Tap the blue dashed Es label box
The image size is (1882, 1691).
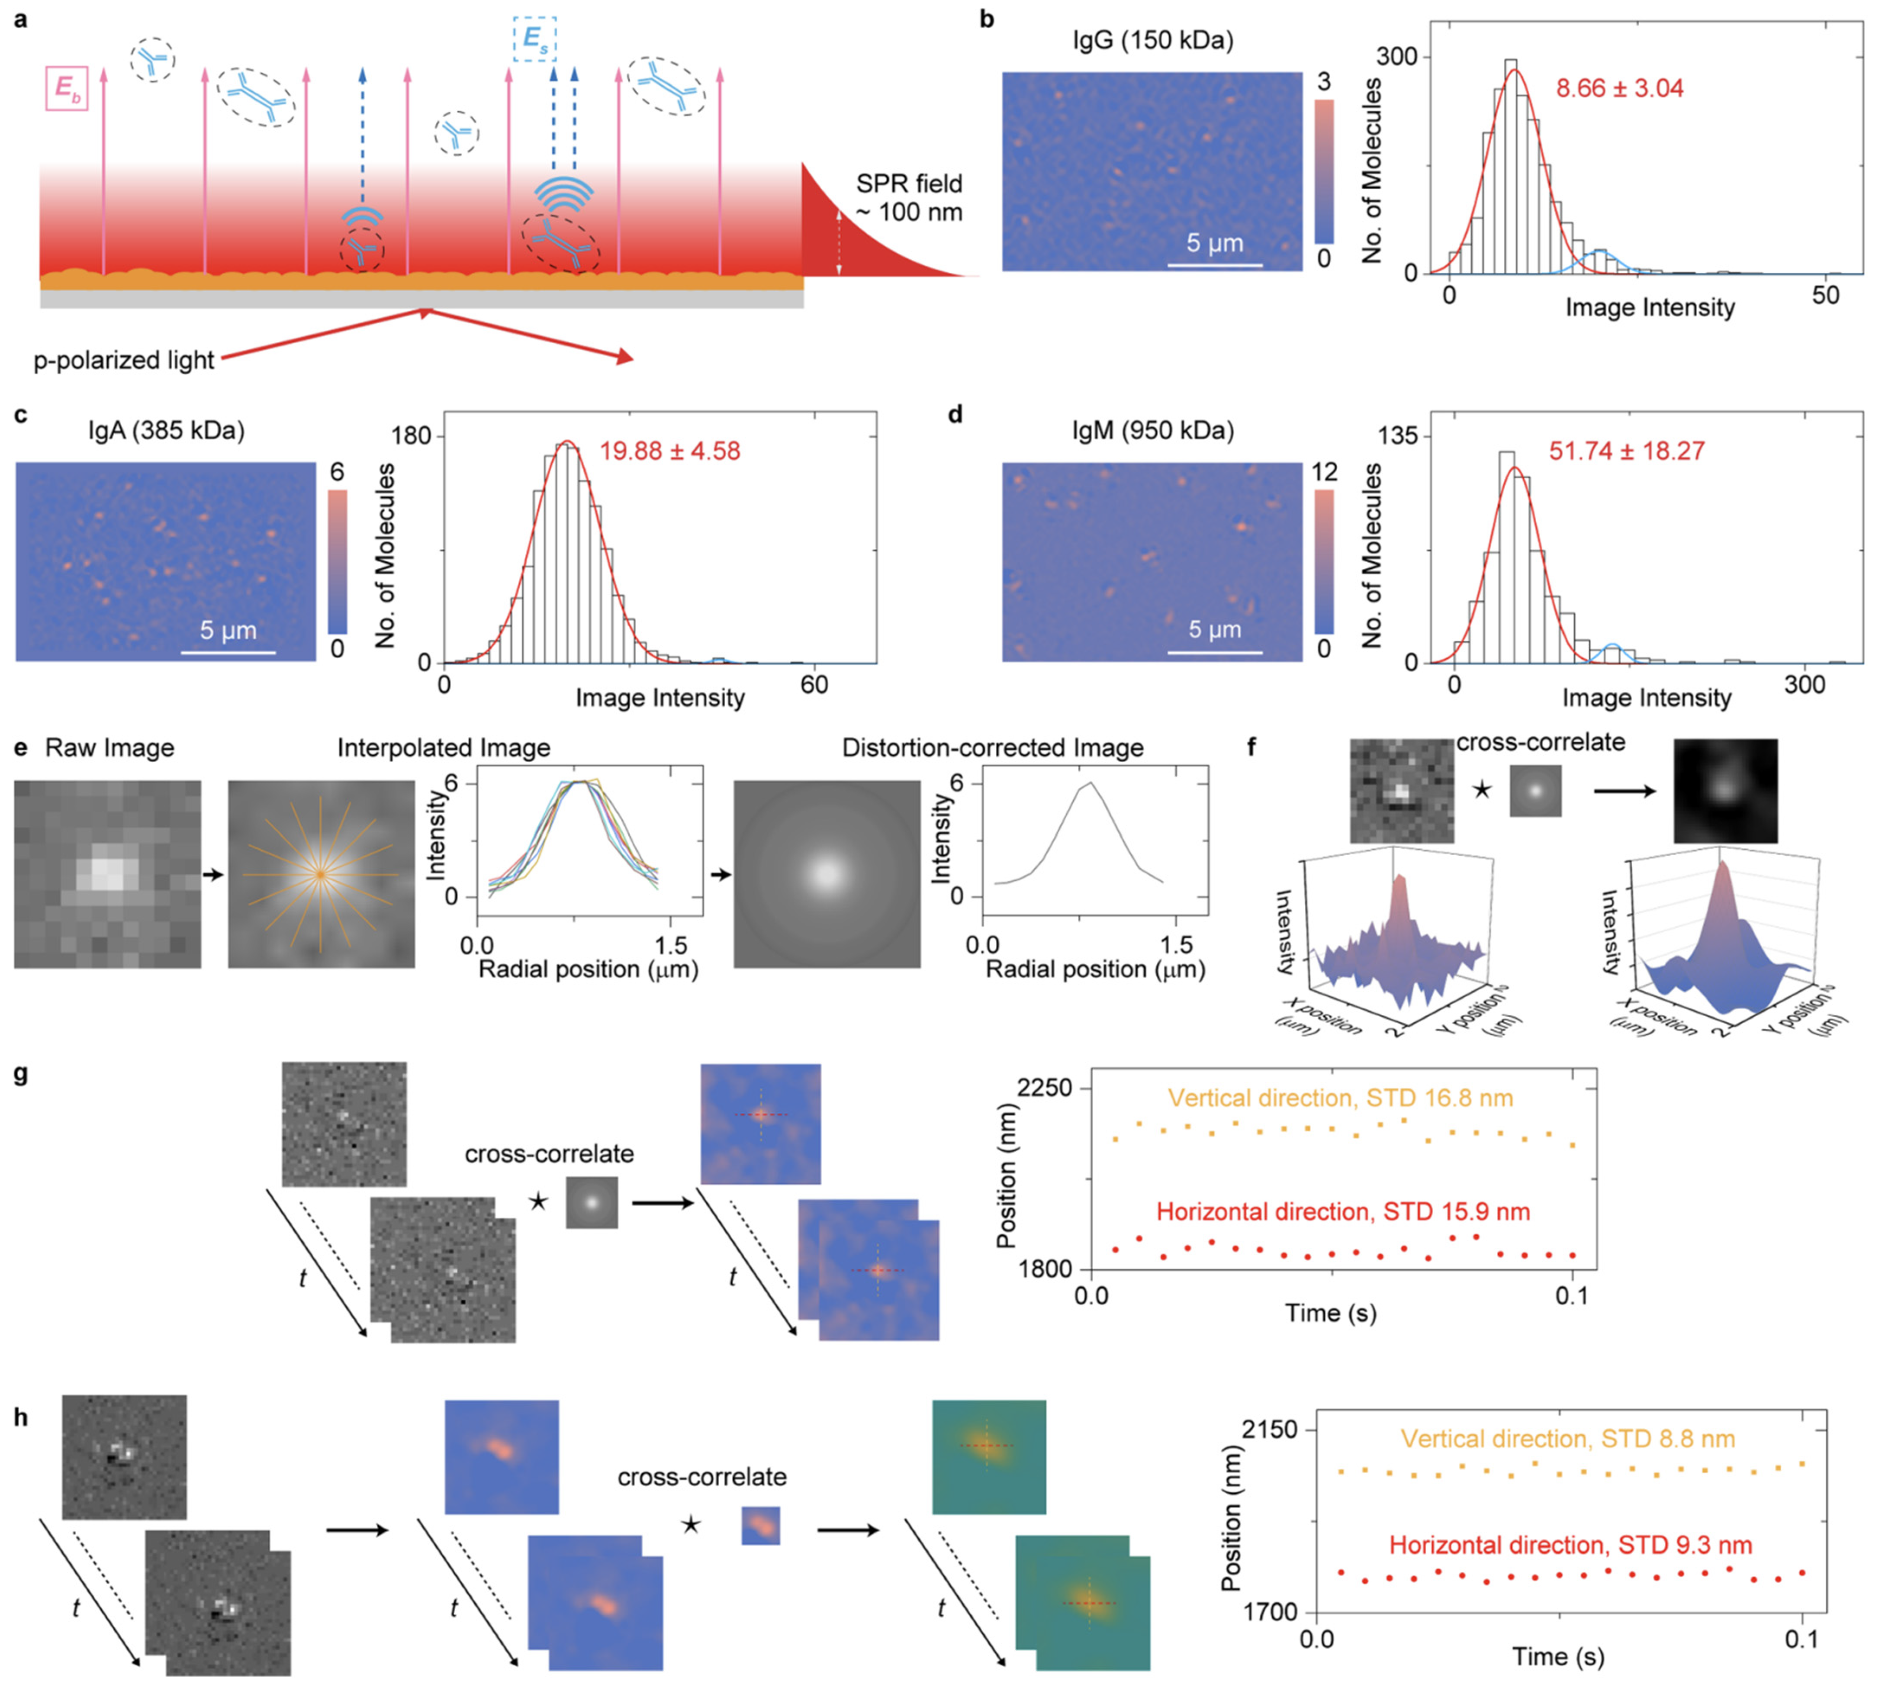pyautogui.click(x=535, y=39)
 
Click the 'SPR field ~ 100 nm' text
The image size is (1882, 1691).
pyautogui.click(x=908, y=198)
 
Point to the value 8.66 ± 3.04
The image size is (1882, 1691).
pyautogui.click(x=1619, y=89)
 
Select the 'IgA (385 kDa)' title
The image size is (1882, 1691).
pyautogui.click(x=166, y=431)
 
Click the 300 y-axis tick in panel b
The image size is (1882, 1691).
pyautogui.click(x=1396, y=57)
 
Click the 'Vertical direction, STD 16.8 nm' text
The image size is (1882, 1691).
pyautogui.click(x=1341, y=1098)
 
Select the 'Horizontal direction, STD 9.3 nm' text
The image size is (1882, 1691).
pyautogui.click(x=1570, y=1545)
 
